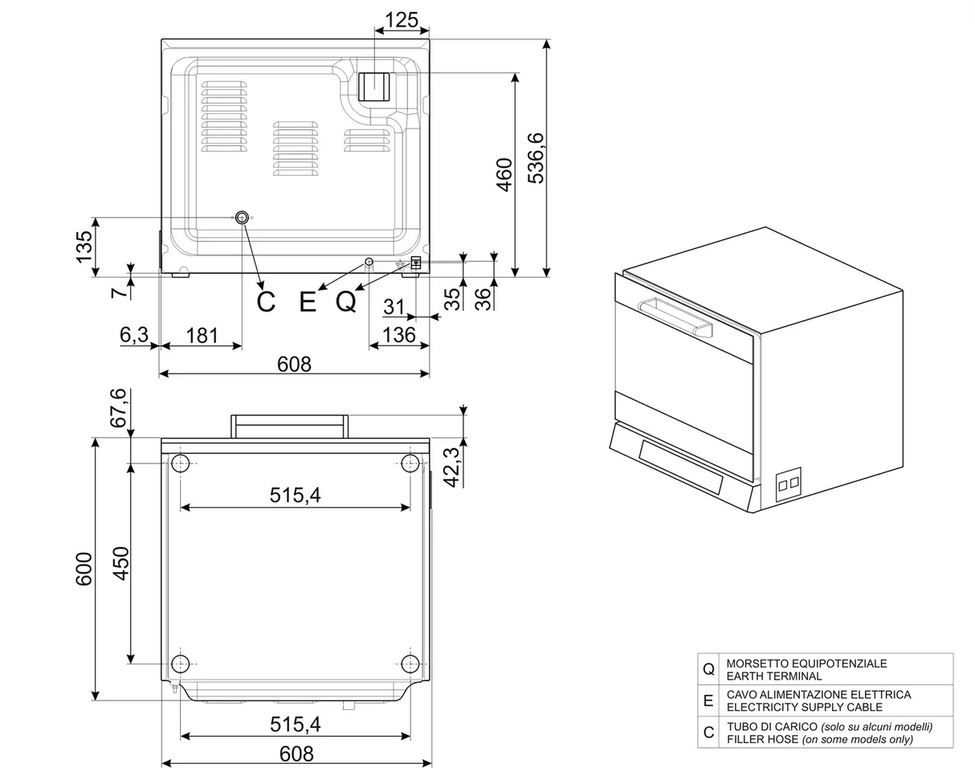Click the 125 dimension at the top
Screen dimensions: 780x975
[x=402, y=19]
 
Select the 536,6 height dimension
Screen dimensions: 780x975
[x=536, y=158]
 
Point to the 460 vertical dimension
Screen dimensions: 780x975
[x=504, y=174]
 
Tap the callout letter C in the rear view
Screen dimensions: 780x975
[x=266, y=302]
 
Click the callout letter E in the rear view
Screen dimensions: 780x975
[x=308, y=302]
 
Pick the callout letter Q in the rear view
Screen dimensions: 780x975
[x=346, y=302]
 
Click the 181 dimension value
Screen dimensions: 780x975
[x=202, y=335]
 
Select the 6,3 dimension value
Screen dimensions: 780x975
[x=134, y=335]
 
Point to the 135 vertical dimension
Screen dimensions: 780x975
[x=84, y=247]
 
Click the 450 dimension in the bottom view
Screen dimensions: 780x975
[x=120, y=563]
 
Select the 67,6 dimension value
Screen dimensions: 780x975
[x=118, y=408]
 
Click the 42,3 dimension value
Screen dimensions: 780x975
[x=452, y=467]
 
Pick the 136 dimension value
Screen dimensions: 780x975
[x=399, y=335]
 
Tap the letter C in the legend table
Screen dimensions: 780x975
[x=708, y=733]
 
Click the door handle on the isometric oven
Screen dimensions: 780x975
[x=675, y=316]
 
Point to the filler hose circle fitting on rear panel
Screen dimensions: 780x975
[x=242, y=217]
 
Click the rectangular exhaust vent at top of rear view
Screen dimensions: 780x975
[x=373, y=86]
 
